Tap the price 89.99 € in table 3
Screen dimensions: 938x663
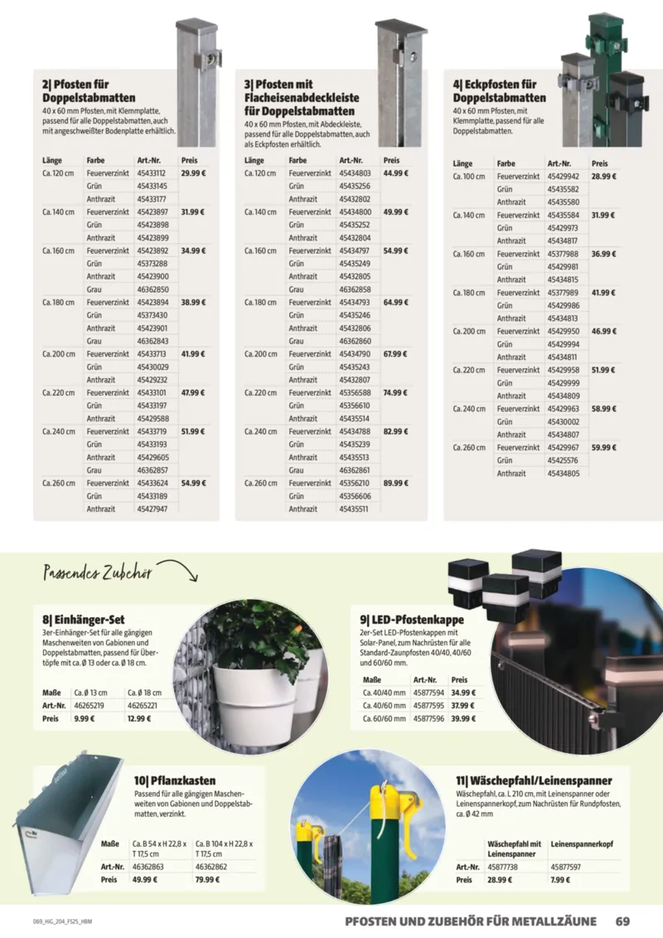[x=396, y=483]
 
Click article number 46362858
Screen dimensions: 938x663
[x=355, y=289]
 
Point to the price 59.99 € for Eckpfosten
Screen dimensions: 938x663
[x=604, y=447]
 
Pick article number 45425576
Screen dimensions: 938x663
[x=563, y=460]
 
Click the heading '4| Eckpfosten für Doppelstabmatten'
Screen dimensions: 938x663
[x=500, y=91]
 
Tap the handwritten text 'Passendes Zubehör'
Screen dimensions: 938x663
[x=96, y=573]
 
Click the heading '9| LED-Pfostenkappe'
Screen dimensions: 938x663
[x=412, y=619]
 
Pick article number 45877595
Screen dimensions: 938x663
[x=428, y=705]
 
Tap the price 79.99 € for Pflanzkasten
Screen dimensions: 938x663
[x=208, y=880]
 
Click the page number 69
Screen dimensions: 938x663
[x=623, y=920]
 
